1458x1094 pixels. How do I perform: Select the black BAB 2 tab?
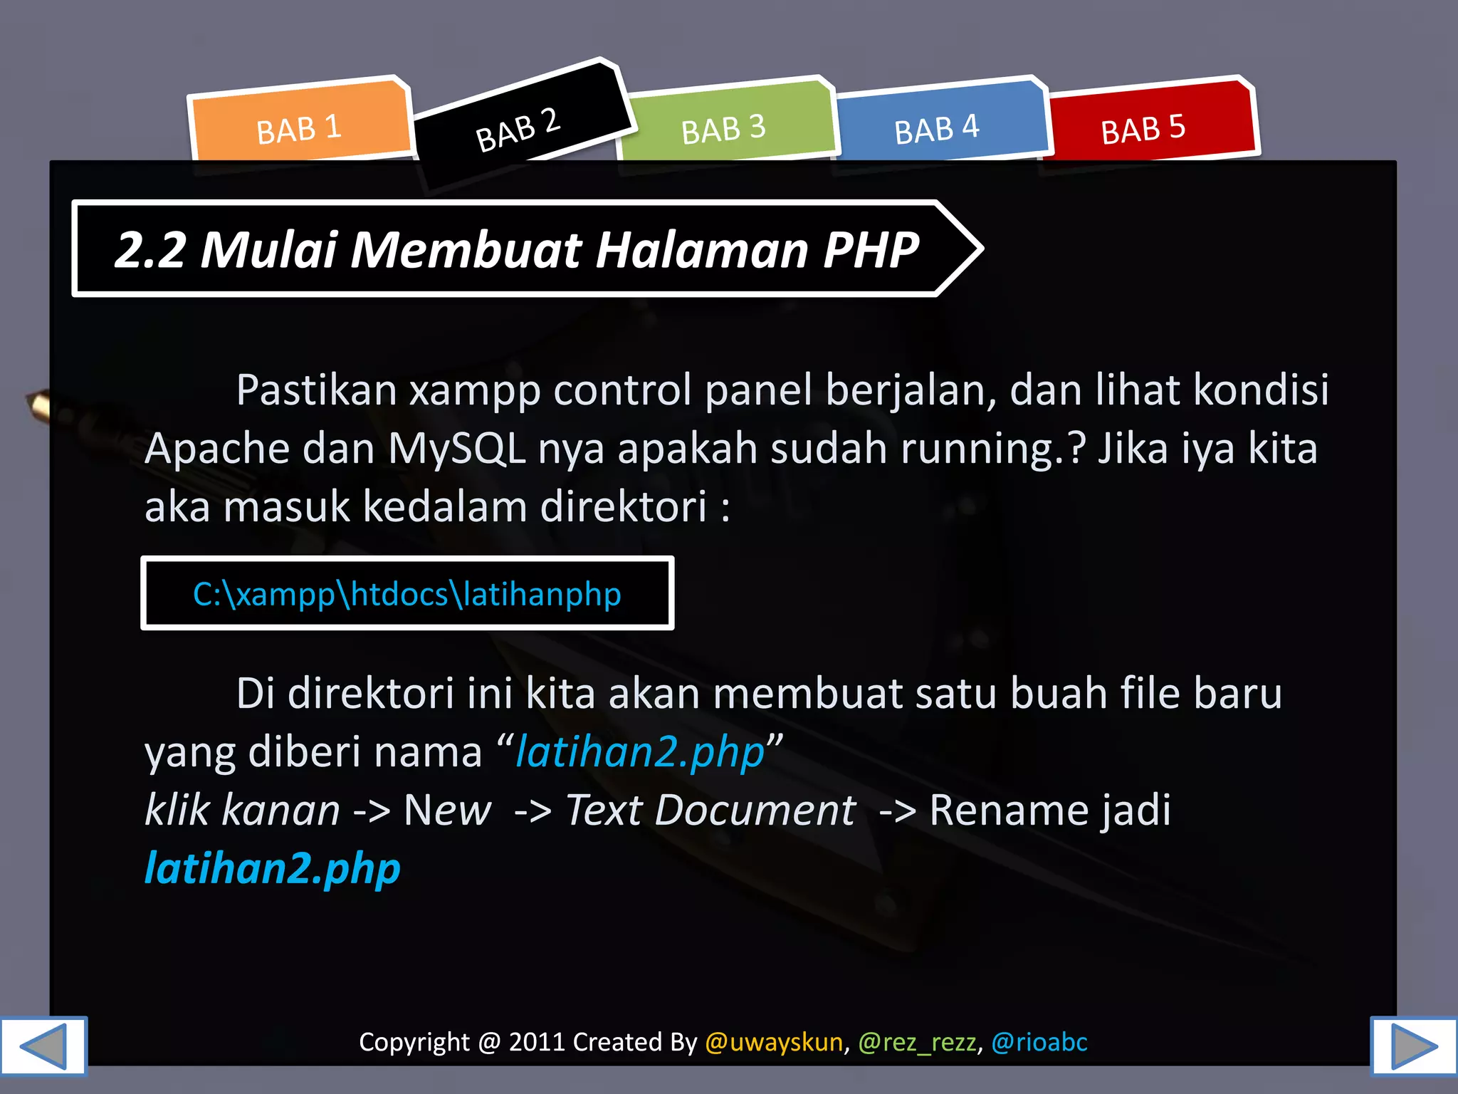point(518,128)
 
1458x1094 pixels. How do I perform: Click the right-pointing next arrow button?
point(1414,1046)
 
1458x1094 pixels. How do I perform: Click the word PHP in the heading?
point(871,250)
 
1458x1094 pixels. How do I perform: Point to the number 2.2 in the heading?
point(150,250)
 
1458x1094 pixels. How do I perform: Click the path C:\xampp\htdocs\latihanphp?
point(407,594)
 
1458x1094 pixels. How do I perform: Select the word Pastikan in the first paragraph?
point(316,390)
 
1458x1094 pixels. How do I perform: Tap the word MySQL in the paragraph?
point(456,449)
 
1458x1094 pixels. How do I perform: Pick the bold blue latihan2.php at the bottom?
point(273,868)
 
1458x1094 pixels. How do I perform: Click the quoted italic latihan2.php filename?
point(640,752)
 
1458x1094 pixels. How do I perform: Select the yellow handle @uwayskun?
point(774,1042)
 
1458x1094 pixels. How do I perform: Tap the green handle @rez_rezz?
point(917,1042)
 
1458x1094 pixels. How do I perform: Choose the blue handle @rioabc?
point(1039,1042)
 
